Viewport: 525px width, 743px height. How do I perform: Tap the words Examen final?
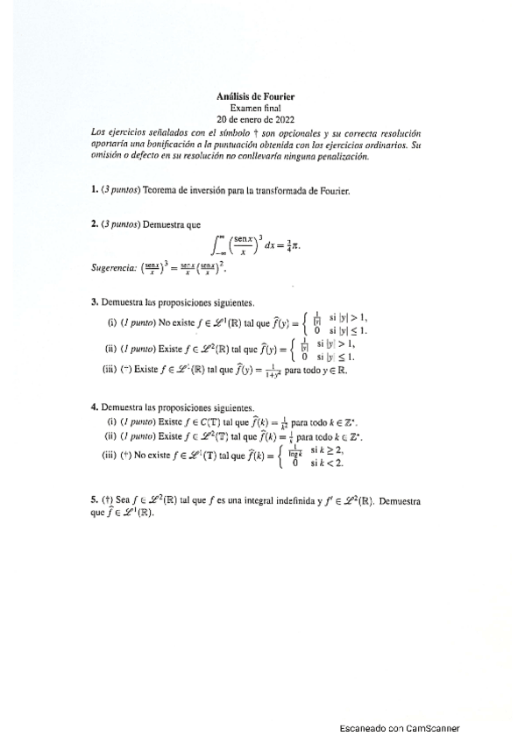[x=255, y=108]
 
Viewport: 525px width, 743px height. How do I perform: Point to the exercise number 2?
[x=94, y=224]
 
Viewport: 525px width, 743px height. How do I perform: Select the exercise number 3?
[x=94, y=302]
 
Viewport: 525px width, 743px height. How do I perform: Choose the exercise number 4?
[x=94, y=407]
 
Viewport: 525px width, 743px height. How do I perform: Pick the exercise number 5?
[x=94, y=500]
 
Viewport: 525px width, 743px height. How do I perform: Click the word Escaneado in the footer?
[x=363, y=728]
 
